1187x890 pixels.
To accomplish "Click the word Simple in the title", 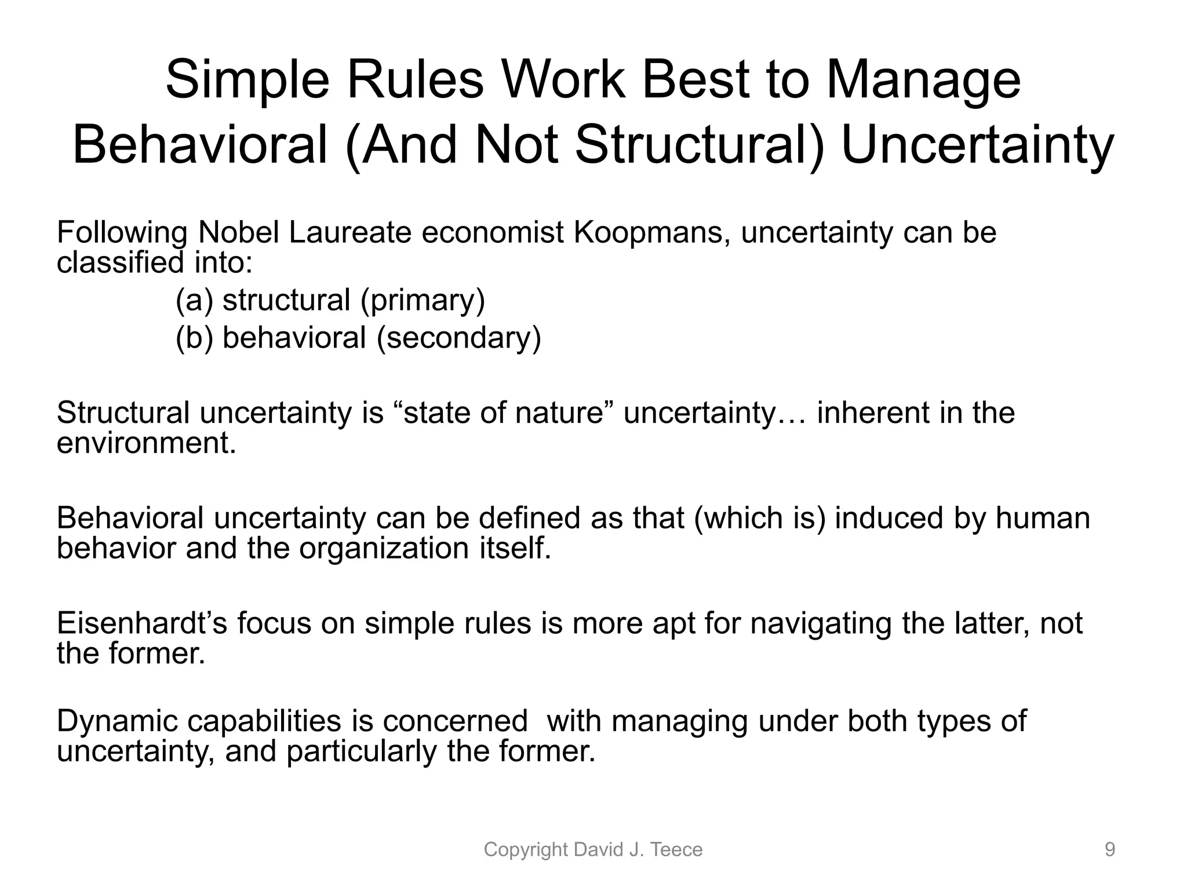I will pyautogui.click(x=247, y=81).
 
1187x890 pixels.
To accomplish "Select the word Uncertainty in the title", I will pyautogui.click(x=977, y=146).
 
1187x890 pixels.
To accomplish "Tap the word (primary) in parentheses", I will pyautogui.click(x=423, y=301).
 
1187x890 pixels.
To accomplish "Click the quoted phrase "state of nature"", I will pyautogui.click(x=504, y=413).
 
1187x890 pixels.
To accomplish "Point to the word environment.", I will pyautogui.click(x=146, y=444).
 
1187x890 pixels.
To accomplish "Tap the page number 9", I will pyautogui.click(x=1109, y=850).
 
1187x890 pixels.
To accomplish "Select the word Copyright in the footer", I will pyautogui.click(x=525, y=850).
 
